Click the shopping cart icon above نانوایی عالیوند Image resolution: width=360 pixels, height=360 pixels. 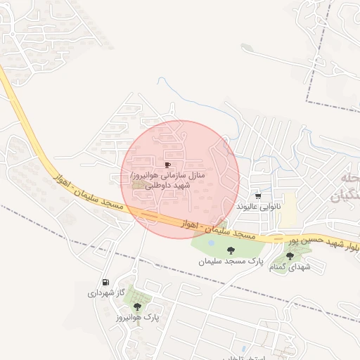click(259, 196)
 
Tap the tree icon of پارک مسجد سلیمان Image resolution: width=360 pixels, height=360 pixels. click(230, 250)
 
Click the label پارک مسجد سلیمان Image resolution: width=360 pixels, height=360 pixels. click(230, 261)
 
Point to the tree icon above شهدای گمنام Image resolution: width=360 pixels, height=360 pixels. click(290, 256)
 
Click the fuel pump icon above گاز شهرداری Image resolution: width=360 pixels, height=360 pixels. click(106, 282)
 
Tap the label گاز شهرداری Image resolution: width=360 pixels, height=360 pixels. click(106, 292)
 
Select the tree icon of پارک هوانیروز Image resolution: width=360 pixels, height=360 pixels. click(137, 307)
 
